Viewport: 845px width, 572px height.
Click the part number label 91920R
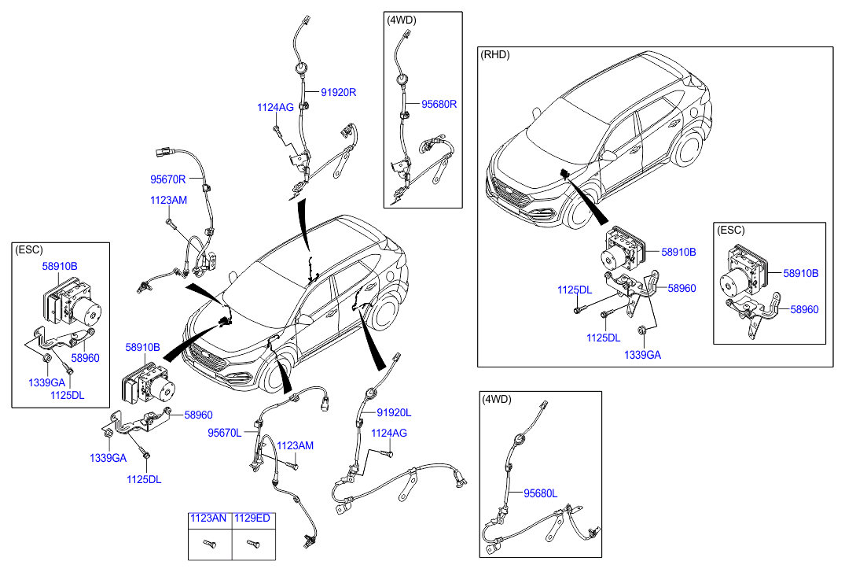pyautogui.click(x=337, y=92)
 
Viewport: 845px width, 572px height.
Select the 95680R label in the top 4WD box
pyautogui.click(x=439, y=103)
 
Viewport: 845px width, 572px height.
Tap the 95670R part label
pyautogui.click(x=168, y=179)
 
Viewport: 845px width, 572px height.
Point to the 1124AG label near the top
pyautogui.click(x=276, y=107)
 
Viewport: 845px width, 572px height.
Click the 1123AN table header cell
pyautogui.click(x=209, y=518)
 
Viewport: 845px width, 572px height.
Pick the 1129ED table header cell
pyautogui.click(x=252, y=518)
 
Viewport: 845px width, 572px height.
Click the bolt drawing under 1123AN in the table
pyautogui.click(x=209, y=543)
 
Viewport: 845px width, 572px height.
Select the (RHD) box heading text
pyautogui.click(x=495, y=54)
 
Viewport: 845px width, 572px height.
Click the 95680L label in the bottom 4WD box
pyautogui.click(x=540, y=493)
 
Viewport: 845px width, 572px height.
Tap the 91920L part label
pyautogui.click(x=394, y=412)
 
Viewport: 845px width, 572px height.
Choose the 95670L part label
pyautogui.click(x=225, y=433)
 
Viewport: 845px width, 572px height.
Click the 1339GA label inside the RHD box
pyautogui.click(x=642, y=355)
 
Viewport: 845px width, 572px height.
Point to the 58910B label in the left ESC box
pyautogui.click(x=60, y=267)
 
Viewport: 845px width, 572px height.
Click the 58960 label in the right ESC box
pyautogui.click(x=804, y=309)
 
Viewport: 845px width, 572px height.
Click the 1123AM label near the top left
pyautogui.click(x=168, y=201)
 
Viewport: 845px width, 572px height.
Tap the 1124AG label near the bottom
pyautogui.click(x=389, y=433)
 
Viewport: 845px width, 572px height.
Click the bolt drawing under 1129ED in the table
pyautogui.click(x=252, y=543)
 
